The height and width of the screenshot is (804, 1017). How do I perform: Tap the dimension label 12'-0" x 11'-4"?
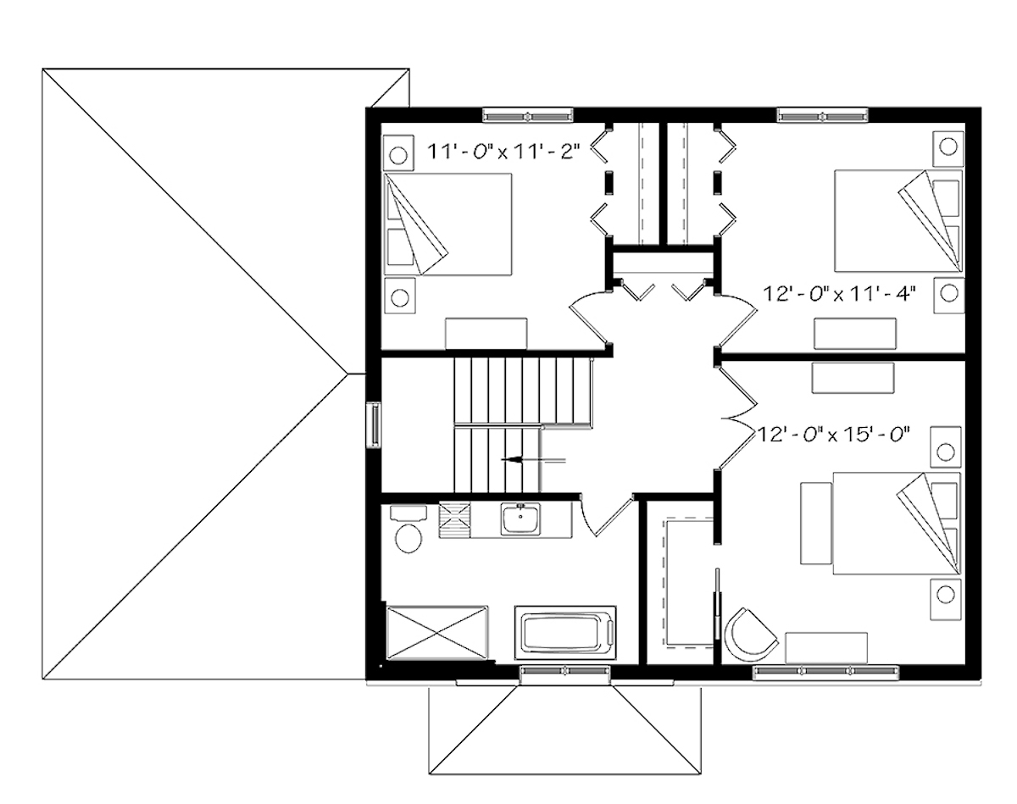pos(844,293)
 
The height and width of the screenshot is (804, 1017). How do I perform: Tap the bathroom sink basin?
pos(519,518)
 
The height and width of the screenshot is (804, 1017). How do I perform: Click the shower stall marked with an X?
pos(437,631)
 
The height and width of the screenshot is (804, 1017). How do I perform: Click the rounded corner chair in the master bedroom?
pos(749,633)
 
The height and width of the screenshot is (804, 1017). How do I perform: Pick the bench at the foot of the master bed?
pos(816,523)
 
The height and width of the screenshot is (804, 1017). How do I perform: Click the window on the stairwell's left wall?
pos(372,424)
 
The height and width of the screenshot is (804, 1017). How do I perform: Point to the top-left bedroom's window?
pos(527,114)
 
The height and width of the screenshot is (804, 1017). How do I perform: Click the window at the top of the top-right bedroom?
pos(822,114)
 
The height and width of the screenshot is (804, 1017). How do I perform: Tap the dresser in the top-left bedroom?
pos(486,333)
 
